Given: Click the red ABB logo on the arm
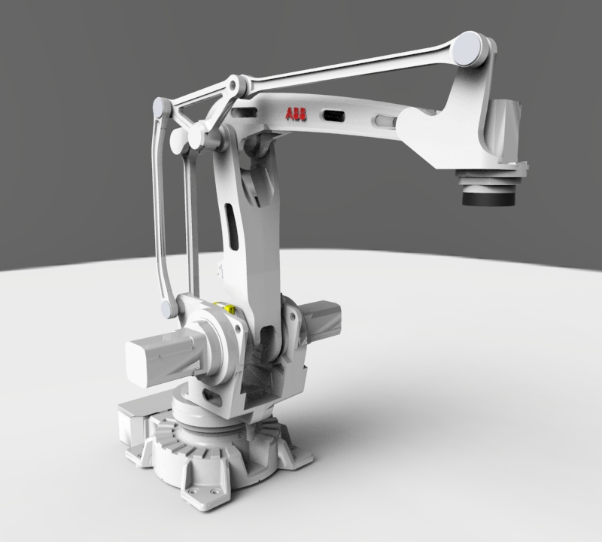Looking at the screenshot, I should (295, 114).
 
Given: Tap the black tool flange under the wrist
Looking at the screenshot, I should (489, 197).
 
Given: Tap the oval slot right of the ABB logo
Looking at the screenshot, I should (333, 116).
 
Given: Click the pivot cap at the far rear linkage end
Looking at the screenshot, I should (161, 108).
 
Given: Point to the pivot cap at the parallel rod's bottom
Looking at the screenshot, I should (166, 309).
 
